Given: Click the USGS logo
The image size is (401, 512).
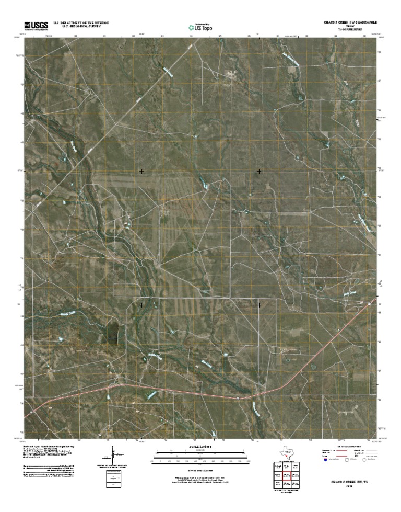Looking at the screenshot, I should pyautogui.click(x=36, y=25).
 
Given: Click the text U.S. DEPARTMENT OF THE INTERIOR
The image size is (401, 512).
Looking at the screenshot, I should pyautogui.click(x=85, y=23).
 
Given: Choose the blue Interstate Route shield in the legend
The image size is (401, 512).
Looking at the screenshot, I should pyautogui.click(x=324, y=462).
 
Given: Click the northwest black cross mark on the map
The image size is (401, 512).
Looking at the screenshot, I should pyautogui.click(x=141, y=171).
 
